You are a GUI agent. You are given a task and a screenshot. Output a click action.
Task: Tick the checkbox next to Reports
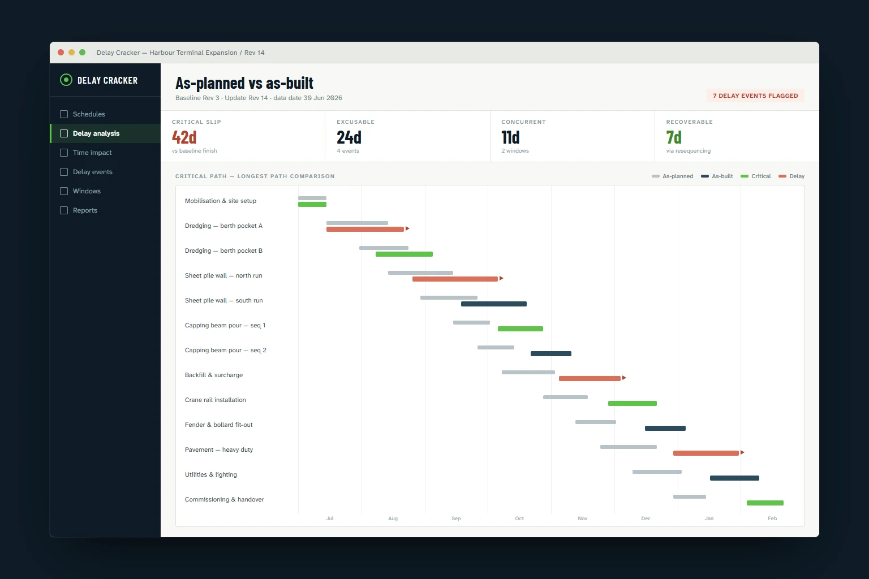(x=64, y=210)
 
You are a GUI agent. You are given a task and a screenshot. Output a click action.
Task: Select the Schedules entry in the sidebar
(x=89, y=114)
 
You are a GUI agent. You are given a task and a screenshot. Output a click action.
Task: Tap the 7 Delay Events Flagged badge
(x=755, y=96)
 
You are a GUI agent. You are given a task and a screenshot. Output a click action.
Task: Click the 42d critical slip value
(x=184, y=137)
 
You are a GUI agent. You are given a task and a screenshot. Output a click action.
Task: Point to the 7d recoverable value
(x=674, y=137)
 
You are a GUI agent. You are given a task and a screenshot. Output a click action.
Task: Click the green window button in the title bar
(x=82, y=53)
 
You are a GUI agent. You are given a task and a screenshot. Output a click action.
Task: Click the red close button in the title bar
(x=61, y=53)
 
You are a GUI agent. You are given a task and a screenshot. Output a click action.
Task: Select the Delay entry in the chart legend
(x=791, y=176)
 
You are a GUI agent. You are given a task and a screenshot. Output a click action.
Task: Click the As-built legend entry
(x=717, y=176)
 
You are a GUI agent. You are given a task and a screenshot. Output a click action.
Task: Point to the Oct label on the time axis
(x=519, y=518)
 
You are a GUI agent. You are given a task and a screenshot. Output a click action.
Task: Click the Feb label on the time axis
(x=772, y=518)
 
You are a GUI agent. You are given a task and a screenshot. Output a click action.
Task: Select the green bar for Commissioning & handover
(x=765, y=503)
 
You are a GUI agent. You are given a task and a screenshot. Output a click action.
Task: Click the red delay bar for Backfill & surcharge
(x=590, y=378)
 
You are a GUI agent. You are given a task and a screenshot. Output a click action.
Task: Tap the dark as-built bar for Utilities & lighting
(x=734, y=478)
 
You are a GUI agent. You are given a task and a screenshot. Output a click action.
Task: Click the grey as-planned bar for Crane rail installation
(x=565, y=397)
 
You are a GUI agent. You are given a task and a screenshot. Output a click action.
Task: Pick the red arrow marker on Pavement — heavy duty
(x=742, y=452)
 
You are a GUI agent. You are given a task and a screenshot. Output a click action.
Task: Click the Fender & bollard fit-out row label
(x=219, y=425)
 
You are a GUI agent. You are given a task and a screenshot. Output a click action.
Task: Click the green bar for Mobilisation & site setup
(x=312, y=204)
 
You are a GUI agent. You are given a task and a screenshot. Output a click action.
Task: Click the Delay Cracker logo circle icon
(x=66, y=80)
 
